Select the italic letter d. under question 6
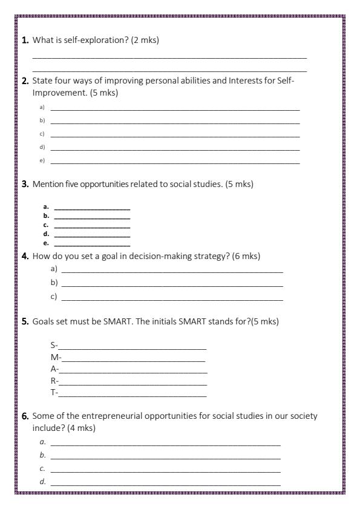pos(42,482)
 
